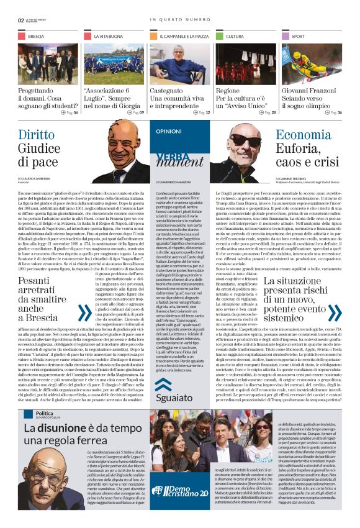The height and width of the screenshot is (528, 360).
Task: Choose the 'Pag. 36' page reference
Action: (330, 112)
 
